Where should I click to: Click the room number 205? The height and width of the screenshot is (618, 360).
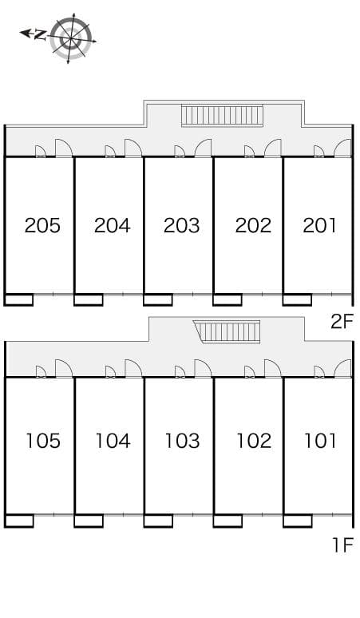coord(42,225)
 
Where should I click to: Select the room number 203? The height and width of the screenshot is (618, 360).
coord(181,225)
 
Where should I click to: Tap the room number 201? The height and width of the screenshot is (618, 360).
coord(320,225)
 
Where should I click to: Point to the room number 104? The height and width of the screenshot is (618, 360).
coord(113,441)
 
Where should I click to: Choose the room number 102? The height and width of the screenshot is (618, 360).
coord(254,441)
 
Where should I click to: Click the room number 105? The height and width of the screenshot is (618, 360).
coord(43,441)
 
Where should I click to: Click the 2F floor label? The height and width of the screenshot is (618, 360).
coord(341,322)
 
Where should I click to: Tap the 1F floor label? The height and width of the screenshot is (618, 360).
coord(342,545)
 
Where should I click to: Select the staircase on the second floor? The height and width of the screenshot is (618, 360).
coord(222,116)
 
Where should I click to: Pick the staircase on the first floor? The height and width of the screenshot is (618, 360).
coord(227,332)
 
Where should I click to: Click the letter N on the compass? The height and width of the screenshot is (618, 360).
coord(40,35)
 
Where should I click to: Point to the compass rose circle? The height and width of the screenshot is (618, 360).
coord(71,38)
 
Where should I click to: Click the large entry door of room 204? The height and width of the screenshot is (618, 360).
coord(133,149)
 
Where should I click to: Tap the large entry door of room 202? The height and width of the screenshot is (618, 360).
coord(272,149)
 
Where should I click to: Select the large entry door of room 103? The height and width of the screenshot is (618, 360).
coord(203,369)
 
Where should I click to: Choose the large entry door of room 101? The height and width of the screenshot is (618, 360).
coord(342,369)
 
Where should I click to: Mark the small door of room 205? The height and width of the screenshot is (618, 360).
coord(41,152)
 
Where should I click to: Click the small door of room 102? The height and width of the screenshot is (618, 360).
coord(250,371)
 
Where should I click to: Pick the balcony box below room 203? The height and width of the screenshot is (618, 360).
coord(158,299)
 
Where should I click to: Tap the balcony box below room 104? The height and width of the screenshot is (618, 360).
coord(89,521)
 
